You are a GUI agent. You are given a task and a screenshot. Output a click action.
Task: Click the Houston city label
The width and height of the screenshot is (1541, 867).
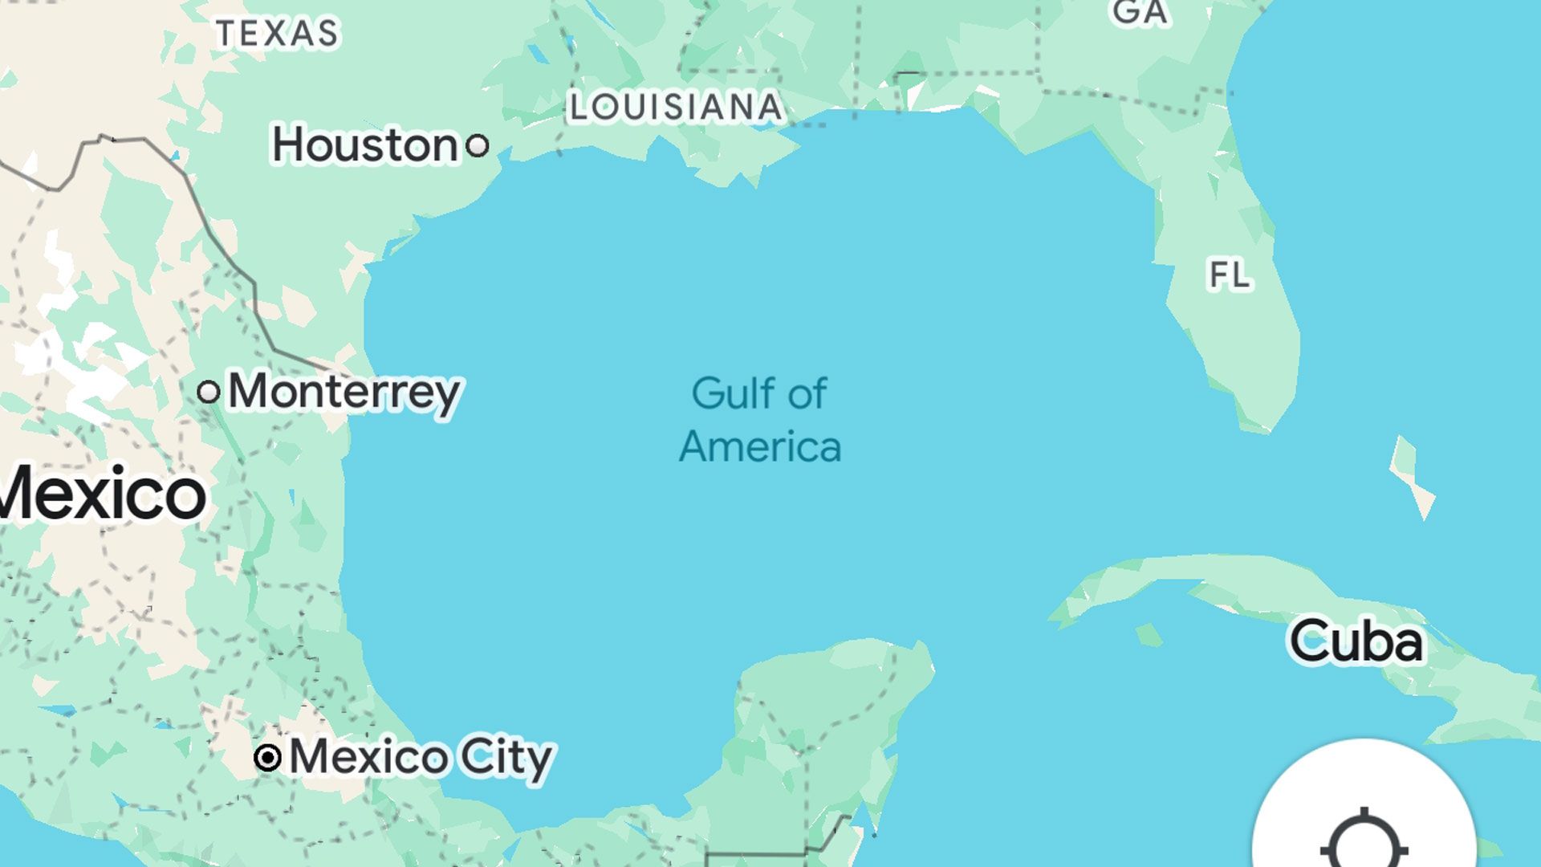click(365, 145)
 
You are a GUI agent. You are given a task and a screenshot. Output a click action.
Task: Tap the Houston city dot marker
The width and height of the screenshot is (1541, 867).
click(478, 145)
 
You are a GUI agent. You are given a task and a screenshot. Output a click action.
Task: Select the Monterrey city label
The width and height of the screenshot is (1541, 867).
click(344, 392)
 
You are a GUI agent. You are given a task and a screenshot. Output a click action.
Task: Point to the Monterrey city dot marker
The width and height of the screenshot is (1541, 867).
click(209, 392)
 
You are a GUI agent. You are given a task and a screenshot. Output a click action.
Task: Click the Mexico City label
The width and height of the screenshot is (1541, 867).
click(421, 757)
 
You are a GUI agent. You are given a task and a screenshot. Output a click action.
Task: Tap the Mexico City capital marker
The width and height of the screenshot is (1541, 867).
click(267, 757)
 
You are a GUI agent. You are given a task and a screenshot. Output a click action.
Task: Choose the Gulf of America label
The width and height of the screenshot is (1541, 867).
click(759, 420)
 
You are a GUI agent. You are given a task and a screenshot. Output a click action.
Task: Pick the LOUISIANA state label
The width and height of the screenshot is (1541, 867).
click(676, 108)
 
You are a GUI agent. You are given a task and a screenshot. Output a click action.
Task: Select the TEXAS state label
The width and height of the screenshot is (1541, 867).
click(278, 33)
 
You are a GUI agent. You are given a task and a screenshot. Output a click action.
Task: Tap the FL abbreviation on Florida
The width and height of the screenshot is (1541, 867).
click(1229, 275)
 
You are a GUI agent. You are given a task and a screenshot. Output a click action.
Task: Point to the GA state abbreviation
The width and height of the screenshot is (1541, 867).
click(1139, 12)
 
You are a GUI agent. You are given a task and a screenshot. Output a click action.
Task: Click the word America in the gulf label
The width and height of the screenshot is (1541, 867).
click(760, 447)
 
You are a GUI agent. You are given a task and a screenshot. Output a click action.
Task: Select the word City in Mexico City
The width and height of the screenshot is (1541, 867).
click(506, 757)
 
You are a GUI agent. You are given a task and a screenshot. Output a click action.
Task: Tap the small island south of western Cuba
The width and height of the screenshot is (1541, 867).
click(1149, 634)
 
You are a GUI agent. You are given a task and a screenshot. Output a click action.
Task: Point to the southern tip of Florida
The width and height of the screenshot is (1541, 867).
click(1264, 425)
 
